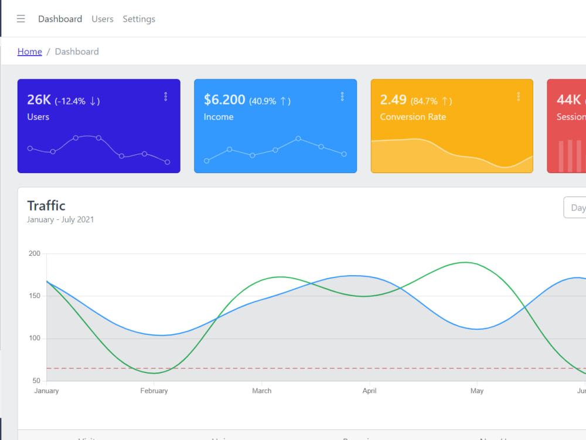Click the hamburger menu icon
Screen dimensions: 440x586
[x=21, y=19]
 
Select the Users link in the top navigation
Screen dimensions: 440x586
[x=103, y=19]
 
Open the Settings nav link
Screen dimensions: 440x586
[x=139, y=19]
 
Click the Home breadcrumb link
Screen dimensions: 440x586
[x=30, y=52]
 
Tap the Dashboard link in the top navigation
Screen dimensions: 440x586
[x=60, y=19]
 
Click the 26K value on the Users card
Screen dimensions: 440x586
[x=39, y=100]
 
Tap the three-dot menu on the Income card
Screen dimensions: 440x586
[x=342, y=96]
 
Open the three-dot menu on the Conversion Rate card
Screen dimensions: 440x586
[x=519, y=96]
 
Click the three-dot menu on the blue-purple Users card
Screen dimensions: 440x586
[x=166, y=96]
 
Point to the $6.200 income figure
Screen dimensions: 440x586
[x=224, y=100]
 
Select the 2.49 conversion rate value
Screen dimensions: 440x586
[x=393, y=100]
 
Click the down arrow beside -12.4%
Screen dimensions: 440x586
[x=93, y=101]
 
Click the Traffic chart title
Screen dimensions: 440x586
[x=46, y=205]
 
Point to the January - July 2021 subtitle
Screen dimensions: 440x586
[x=60, y=219]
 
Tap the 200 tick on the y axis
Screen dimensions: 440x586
[x=35, y=253]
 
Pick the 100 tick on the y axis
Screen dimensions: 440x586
[x=35, y=339]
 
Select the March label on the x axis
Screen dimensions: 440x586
[x=262, y=391]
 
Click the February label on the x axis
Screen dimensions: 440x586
[x=154, y=391]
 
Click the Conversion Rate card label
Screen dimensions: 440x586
[x=413, y=117]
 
